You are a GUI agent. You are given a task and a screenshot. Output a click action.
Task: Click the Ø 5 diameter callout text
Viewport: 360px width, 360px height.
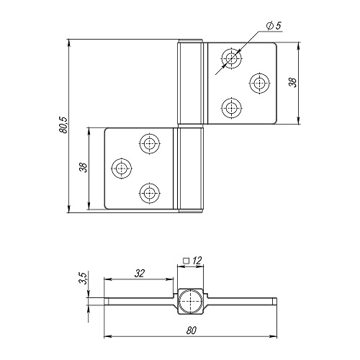274,26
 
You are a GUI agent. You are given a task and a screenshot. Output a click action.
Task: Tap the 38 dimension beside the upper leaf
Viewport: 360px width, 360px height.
293,83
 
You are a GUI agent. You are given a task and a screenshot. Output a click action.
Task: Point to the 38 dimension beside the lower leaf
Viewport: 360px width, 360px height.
83,167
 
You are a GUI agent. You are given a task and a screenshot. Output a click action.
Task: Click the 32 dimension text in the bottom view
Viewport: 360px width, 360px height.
140,273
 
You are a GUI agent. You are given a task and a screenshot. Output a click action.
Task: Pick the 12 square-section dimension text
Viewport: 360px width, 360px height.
197,261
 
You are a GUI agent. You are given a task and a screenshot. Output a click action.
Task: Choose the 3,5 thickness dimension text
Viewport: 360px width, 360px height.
83,278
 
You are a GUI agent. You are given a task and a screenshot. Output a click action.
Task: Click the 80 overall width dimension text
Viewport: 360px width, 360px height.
191,330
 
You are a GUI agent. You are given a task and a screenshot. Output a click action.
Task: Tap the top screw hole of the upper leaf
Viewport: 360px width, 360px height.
231,58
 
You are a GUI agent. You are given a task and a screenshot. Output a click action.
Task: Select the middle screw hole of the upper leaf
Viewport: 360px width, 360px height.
259,83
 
